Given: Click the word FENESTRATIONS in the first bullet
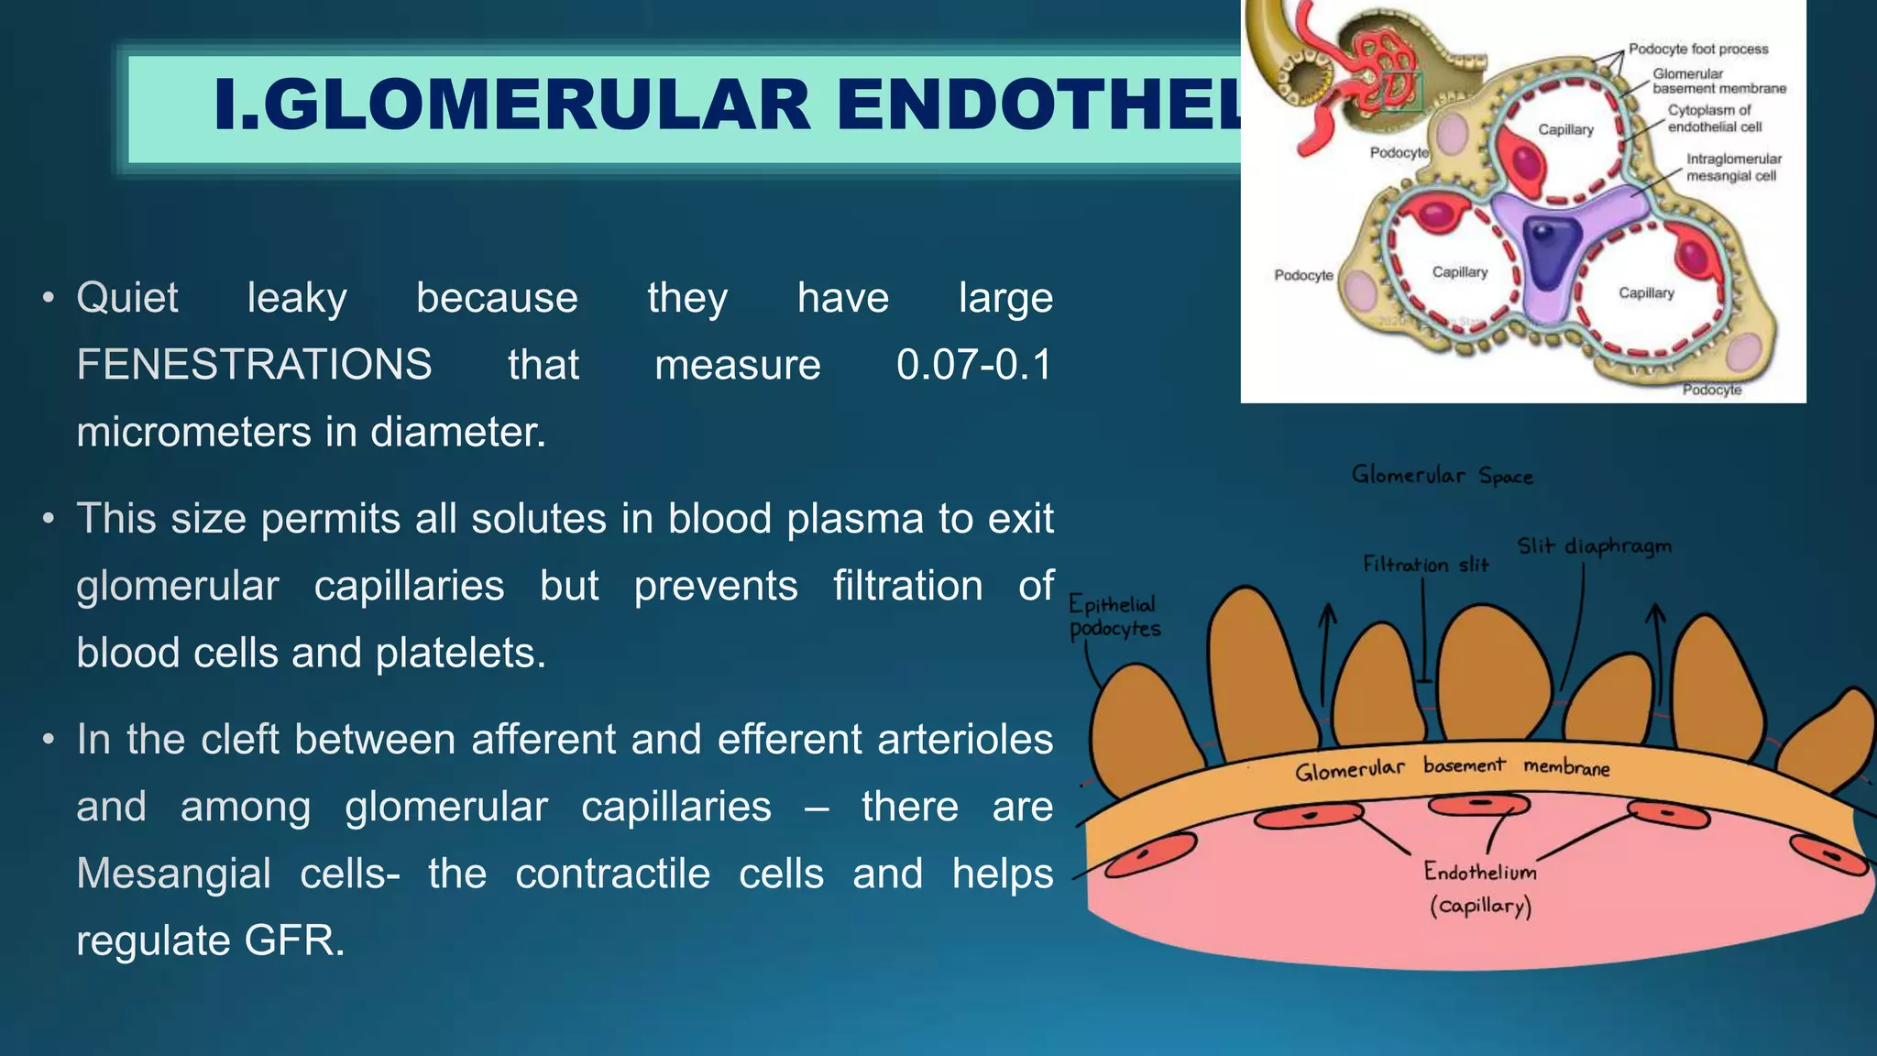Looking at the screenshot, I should click(x=254, y=365).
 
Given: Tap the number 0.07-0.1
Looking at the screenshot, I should click(x=973, y=365).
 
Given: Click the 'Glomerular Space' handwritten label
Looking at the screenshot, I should click(x=1442, y=475).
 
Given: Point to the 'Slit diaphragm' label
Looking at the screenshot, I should click(x=1594, y=546).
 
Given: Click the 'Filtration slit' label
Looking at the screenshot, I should click(x=1425, y=565).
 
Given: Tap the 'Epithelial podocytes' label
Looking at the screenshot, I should click(x=1114, y=616).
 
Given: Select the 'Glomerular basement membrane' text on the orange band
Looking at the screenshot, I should click(x=1452, y=768).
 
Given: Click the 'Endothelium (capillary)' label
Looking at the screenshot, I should click(x=1479, y=887).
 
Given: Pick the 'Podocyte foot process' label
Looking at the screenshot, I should click(x=1697, y=49).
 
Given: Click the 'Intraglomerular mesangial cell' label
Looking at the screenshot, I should click(x=1733, y=167).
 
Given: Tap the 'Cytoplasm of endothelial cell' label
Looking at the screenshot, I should click(x=1713, y=118).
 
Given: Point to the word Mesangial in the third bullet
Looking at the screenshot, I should click(x=173, y=874).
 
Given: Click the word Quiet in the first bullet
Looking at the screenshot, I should click(x=127, y=298).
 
